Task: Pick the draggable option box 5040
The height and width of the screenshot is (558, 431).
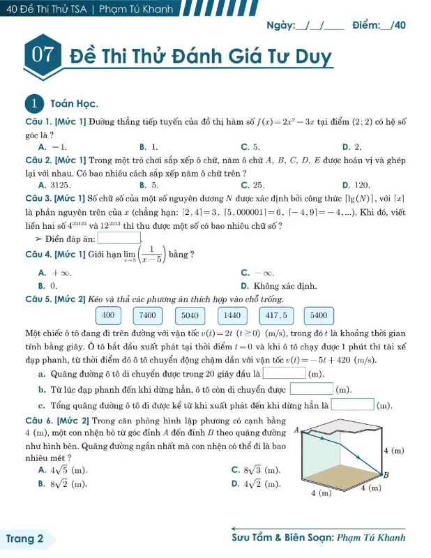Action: [x=190, y=315]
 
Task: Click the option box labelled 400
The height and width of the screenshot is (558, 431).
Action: [x=108, y=315]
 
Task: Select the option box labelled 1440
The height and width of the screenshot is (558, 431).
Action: [x=232, y=315]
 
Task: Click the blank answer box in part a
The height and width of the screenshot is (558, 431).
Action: [x=283, y=375]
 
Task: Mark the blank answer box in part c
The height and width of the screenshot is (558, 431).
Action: [x=352, y=405]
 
